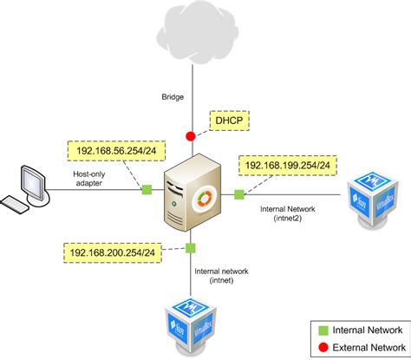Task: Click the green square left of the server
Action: pyautogui.click(x=147, y=189)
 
